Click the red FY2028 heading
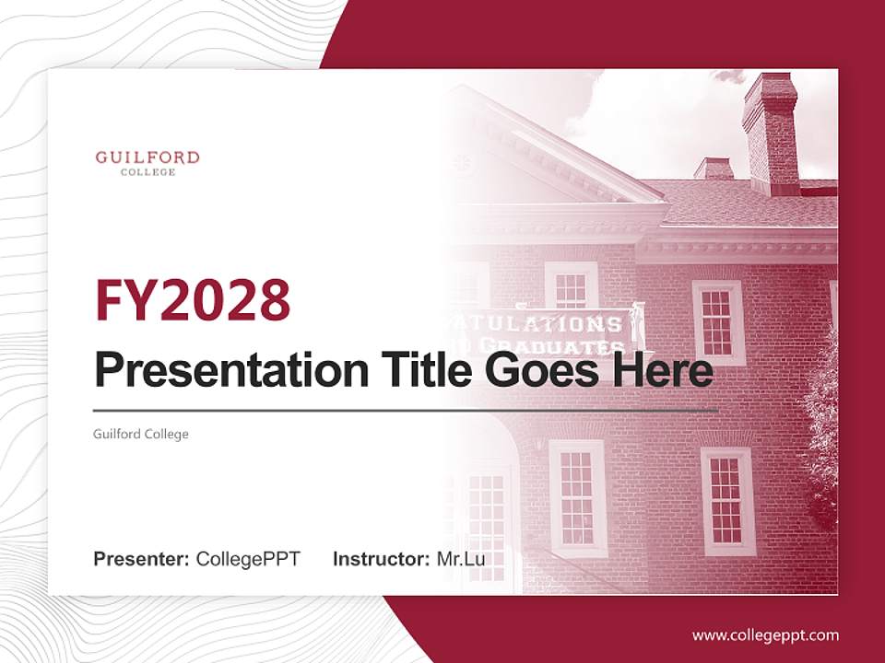193,301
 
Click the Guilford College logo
147,162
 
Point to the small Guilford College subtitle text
141,434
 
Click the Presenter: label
142,559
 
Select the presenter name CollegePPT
248,559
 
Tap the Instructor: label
381,559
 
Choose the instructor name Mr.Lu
460,559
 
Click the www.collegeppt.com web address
765,634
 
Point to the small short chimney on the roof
714,168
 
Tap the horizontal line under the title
406,409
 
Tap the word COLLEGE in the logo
147,172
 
